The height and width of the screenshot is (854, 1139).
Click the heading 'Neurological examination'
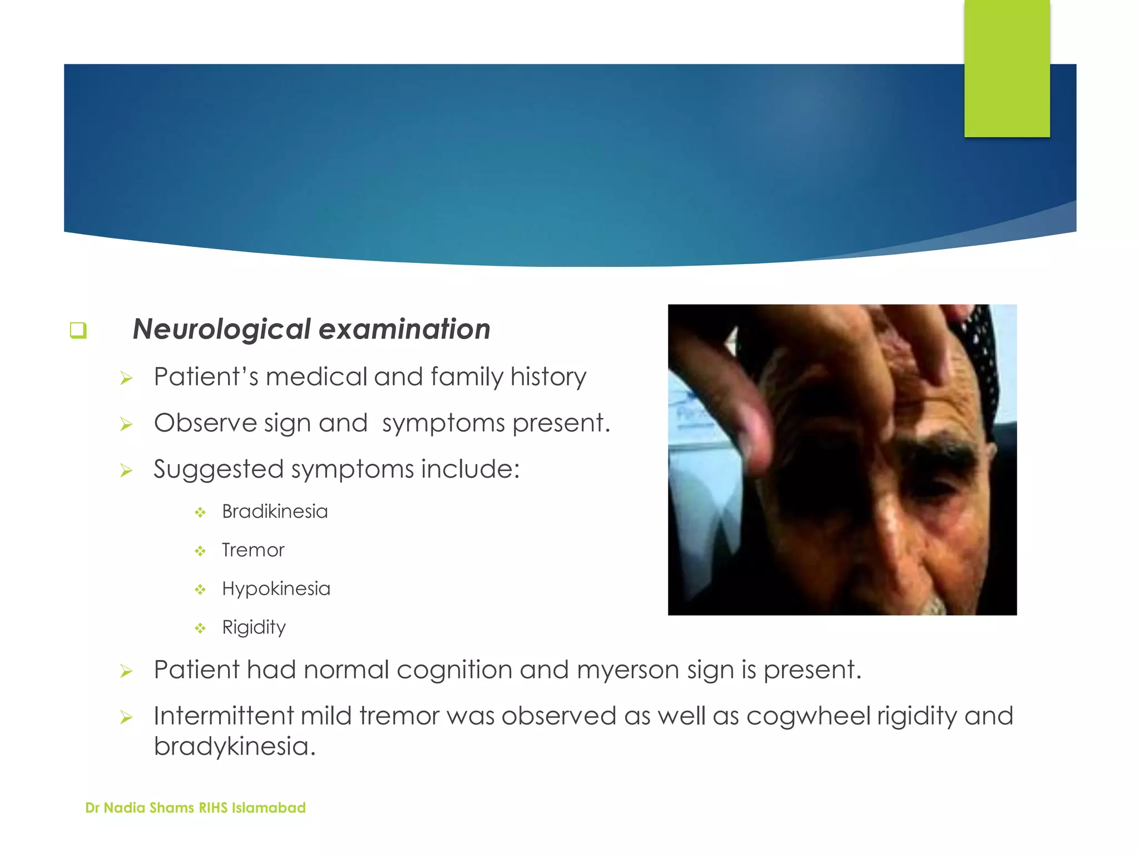point(311,329)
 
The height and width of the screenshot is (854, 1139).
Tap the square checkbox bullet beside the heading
point(78,330)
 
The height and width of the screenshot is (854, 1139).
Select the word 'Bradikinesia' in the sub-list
point(275,512)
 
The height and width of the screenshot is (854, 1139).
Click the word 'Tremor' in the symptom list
point(253,550)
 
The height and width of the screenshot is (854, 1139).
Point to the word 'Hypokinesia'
point(276,589)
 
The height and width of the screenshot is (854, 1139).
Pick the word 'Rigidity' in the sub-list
point(254,628)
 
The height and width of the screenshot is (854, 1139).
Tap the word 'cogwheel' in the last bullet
point(808,716)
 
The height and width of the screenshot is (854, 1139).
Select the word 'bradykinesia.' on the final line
point(235,747)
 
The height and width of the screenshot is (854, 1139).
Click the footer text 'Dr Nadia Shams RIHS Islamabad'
point(195,808)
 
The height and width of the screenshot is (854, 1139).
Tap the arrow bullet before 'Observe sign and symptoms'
point(126,425)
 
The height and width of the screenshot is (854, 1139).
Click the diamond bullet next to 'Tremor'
point(200,551)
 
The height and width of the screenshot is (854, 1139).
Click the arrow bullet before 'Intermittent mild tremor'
point(126,718)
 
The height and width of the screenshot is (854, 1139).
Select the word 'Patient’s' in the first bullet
point(206,377)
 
